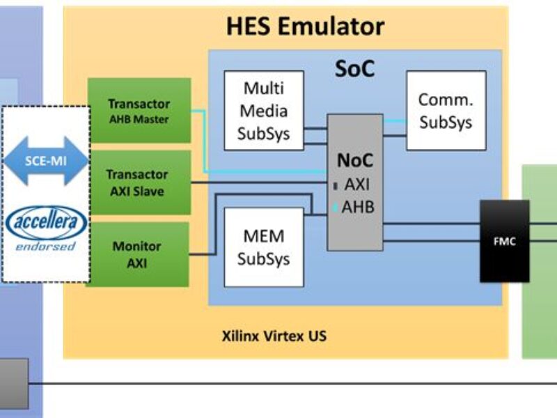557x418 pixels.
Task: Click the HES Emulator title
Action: click(305, 26)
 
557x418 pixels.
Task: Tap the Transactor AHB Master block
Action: click(139, 111)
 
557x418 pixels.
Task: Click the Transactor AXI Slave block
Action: click(139, 183)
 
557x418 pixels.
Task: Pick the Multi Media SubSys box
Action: click(264, 110)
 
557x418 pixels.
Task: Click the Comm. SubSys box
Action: click(446, 110)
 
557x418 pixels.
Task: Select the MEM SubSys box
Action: click(264, 247)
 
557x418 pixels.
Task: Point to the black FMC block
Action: click(504, 241)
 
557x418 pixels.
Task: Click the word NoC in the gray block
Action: click(355, 160)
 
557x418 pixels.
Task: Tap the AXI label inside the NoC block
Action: click(357, 185)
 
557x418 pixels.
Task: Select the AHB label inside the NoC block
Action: click(358, 208)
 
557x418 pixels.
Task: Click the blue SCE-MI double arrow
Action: click(46, 161)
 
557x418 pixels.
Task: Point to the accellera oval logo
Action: click(46, 223)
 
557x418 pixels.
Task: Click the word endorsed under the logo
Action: click(46, 247)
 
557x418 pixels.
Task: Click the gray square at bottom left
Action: click(14, 383)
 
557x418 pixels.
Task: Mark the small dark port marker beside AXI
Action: click(335, 186)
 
